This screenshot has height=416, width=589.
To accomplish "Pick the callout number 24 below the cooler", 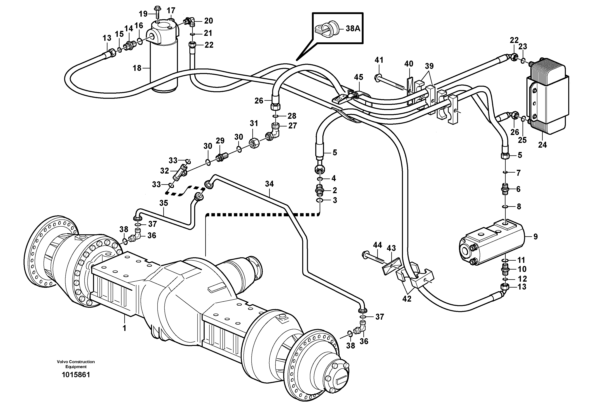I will pos(542,145).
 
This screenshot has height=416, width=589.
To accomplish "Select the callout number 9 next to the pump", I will pos(535,236).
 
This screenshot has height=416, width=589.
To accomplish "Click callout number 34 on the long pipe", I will pos(269,184).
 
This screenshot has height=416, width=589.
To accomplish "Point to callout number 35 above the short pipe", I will pos(163,203).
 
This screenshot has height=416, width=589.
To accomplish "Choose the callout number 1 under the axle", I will pos(124,328).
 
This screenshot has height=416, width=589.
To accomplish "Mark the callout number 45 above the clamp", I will pos(358,77).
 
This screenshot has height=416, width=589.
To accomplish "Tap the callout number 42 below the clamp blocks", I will pos(407,298).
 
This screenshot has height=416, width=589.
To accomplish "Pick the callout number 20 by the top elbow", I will pos(208,21).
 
